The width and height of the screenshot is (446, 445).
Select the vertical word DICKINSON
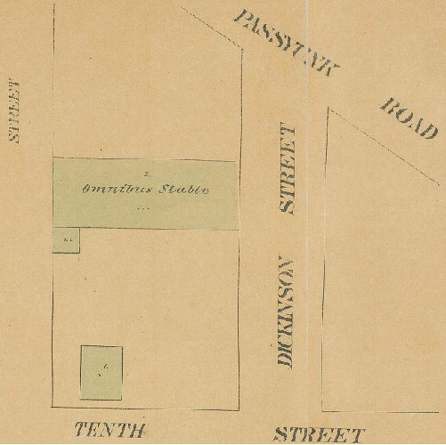pyautogui.click(x=285, y=312)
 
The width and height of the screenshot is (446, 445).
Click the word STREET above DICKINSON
pyautogui.click(x=288, y=169)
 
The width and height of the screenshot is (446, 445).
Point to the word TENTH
pyautogui.click(x=109, y=431)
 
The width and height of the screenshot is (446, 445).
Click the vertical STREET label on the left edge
pyautogui.click(x=14, y=110)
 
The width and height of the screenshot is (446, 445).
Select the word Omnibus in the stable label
pyautogui.click(x=114, y=190)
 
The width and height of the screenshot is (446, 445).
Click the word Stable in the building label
pyautogui.click(x=184, y=190)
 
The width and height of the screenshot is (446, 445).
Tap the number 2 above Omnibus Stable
pyautogui.click(x=145, y=169)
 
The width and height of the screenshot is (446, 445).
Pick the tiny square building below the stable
pyautogui.click(x=68, y=240)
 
